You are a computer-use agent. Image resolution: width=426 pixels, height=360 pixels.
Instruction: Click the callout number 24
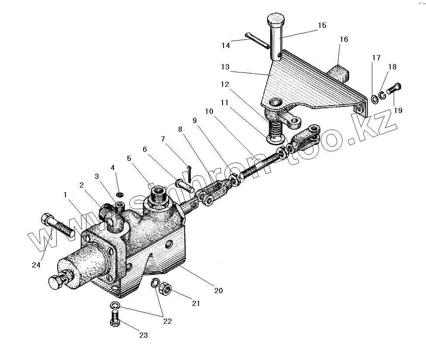point(37,265)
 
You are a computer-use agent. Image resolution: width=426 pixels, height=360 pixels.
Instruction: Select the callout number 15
point(322,25)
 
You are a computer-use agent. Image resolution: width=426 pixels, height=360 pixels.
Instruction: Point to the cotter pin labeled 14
point(258,41)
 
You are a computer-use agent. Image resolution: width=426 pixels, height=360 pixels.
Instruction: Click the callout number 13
point(225,67)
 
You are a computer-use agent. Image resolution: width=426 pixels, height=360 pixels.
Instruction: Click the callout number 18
point(392,67)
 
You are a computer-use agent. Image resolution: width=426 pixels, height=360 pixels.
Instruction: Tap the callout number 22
point(167,321)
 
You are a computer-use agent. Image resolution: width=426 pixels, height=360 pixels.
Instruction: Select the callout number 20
point(218,290)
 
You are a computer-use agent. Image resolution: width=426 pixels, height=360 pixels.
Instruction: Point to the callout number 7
point(163,139)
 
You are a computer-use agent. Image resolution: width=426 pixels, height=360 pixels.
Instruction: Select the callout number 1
point(65,195)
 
